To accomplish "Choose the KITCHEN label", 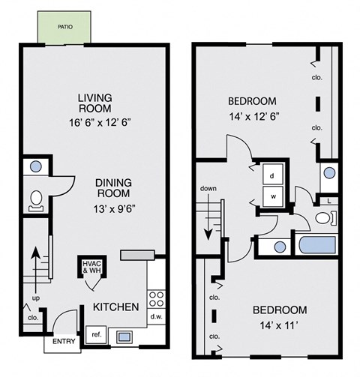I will click(x=115, y=307).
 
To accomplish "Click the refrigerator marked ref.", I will click(x=96, y=335).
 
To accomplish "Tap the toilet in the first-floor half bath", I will click(x=35, y=199).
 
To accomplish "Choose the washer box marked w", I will click(x=271, y=197).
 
